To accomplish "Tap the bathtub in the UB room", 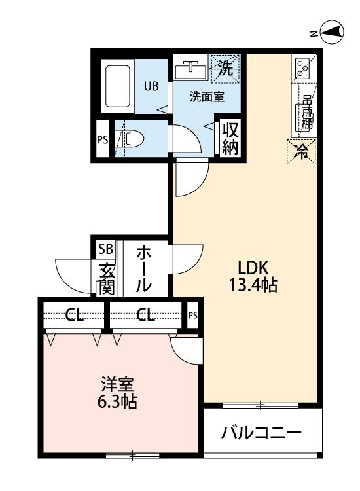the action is [118, 86].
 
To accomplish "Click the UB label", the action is [151, 86].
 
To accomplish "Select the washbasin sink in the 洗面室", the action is [190, 70].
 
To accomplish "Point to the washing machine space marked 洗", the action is [225, 69].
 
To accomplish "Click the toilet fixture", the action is [130, 138].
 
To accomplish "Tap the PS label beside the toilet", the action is [102, 139].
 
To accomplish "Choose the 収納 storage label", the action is [230, 138].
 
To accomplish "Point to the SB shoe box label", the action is [105, 249].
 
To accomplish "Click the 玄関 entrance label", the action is [107, 280].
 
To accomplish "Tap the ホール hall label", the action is [144, 269].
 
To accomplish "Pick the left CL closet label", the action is [74, 315].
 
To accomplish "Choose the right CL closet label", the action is [145, 315].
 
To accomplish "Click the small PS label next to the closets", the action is [193, 315].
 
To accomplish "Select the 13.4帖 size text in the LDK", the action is [253, 285].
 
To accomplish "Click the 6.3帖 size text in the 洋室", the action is [117, 402].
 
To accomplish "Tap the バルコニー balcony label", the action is [261, 433].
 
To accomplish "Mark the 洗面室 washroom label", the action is [207, 97].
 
